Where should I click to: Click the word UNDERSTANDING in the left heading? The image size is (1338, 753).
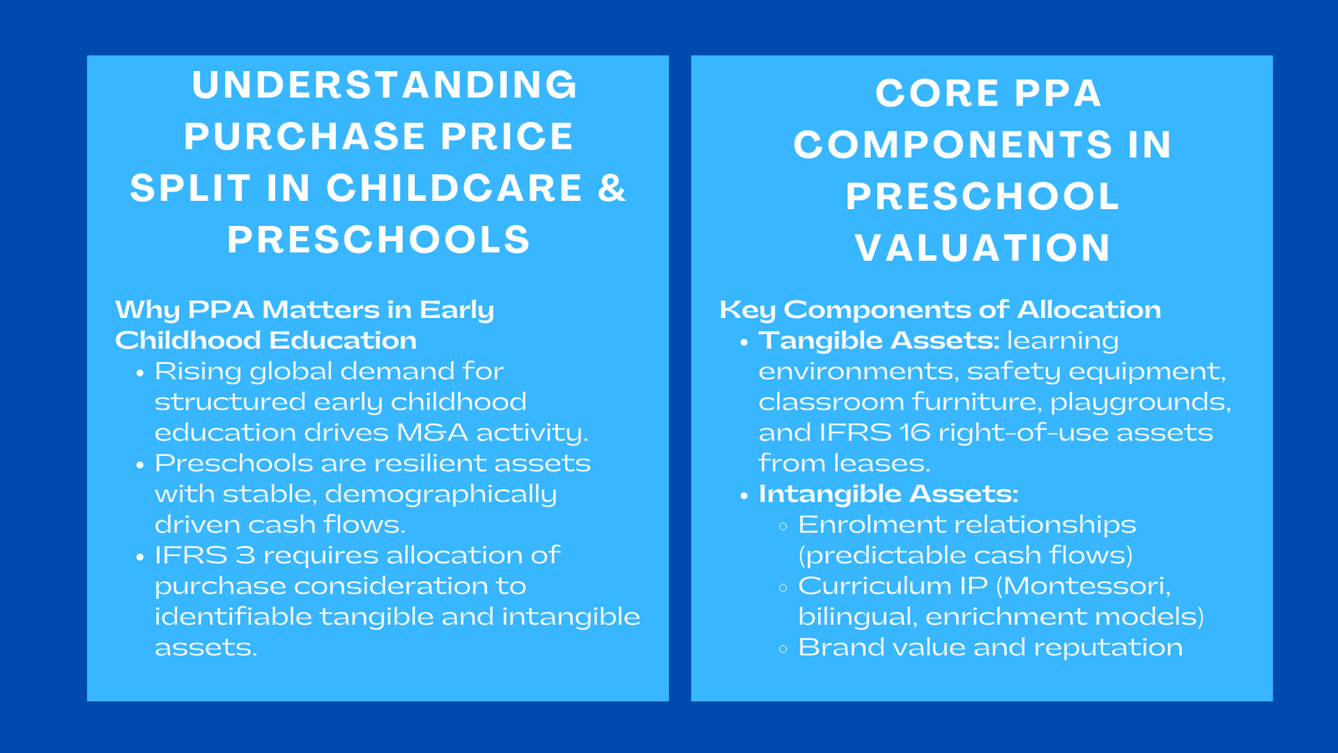click(x=385, y=85)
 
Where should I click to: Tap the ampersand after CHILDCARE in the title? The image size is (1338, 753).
click(x=612, y=187)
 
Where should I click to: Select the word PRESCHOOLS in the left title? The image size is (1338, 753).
click(x=379, y=239)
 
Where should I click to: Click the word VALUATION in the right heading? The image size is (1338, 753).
click(x=983, y=248)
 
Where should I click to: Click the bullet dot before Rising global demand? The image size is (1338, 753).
click(x=140, y=373)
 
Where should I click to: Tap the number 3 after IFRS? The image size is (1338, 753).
click(x=245, y=556)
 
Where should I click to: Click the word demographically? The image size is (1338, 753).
click(x=441, y=494)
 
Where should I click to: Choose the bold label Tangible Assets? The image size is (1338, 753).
click(x=879, y=341)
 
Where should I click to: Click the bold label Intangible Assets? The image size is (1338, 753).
click(x=888, y=494)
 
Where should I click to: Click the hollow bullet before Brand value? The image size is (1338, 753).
click(x=783, y=649)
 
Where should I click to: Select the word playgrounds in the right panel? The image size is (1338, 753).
click(x=1140, y=402)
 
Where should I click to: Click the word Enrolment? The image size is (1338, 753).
click(x=863, y=525)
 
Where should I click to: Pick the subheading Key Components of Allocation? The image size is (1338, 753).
click(x=940, y=310)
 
